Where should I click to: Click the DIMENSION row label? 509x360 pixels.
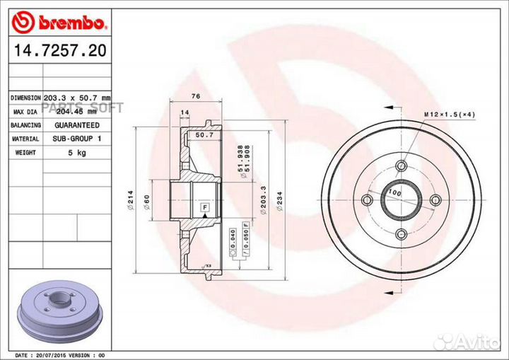coord(25,98)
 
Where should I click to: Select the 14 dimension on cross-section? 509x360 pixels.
coord(185,113)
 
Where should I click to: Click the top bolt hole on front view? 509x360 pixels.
coord(402,166)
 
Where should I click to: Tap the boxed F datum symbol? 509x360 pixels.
coord(205,206)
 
